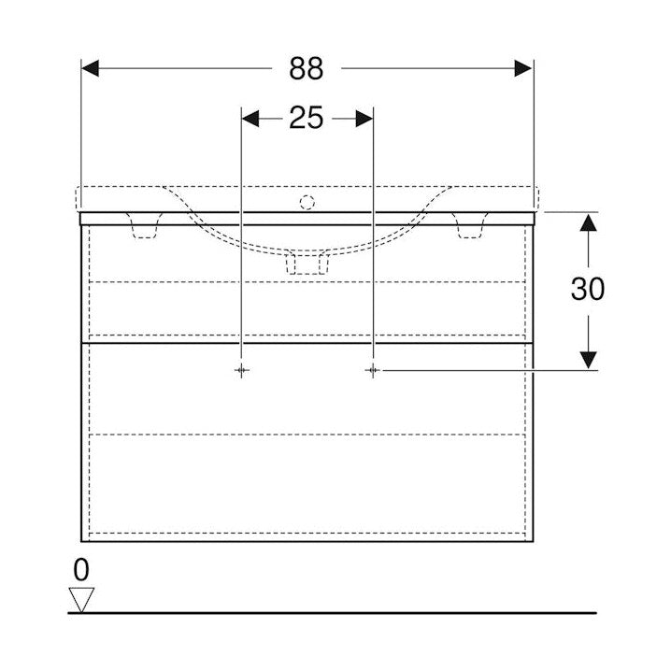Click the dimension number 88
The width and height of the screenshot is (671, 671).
tap(307, 68)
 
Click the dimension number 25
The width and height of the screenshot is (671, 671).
tap(307, 118)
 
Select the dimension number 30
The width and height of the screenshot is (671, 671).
tap(588, 289)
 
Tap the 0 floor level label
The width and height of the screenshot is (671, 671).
tap(81, 570)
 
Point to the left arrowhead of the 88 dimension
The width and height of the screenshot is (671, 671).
tap(91, 68)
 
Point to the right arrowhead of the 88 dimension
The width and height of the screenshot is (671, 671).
tap(523, 68)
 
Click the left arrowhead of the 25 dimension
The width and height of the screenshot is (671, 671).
tap(250, 119)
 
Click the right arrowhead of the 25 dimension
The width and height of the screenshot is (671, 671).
tap(364, 119)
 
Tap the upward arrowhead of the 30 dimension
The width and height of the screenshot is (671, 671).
tap(589, 222)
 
